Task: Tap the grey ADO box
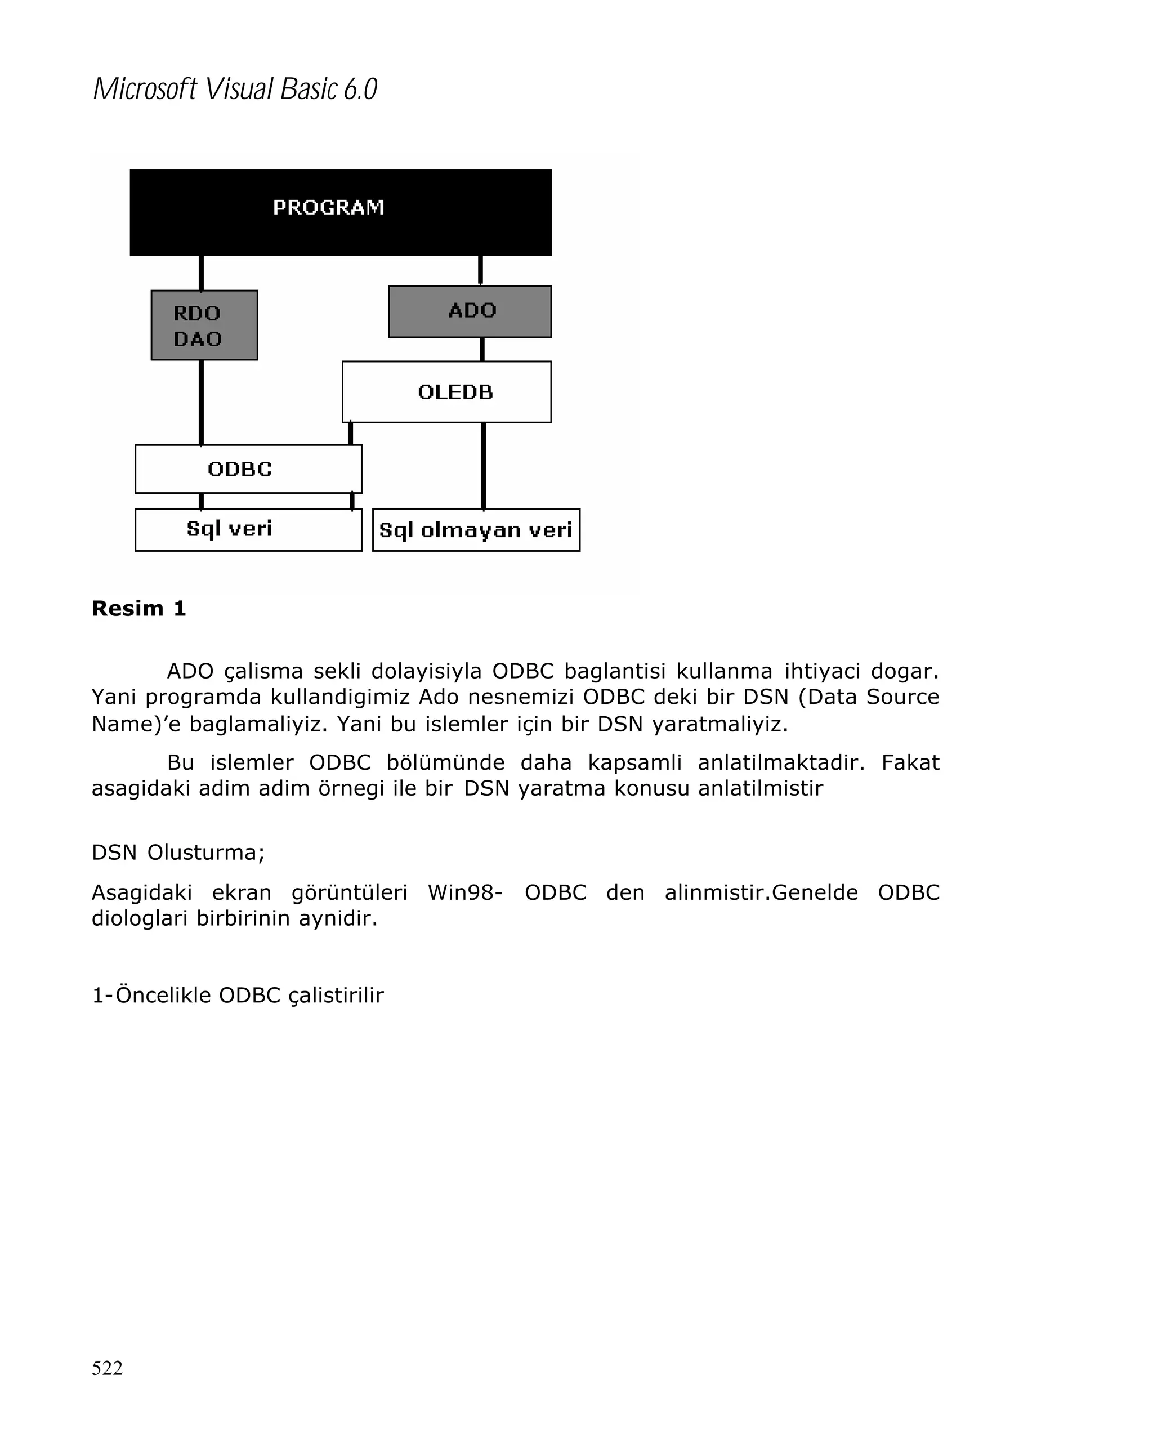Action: (x=470, y=311)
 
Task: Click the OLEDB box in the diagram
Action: (x=446, y=391)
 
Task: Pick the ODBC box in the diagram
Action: (x=248, y=468)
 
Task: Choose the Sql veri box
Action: (x=248, y=529)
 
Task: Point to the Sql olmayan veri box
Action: (x=476, y=530)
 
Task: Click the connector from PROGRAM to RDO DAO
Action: (x=201, y=273)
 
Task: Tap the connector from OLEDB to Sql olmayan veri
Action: (x=483, y=465)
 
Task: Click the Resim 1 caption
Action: (x=138, y=608)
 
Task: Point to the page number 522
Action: (x=108, y=1367)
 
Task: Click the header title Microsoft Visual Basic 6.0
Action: (x=235, y=89)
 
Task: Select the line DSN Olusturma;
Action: (x=178, y=853)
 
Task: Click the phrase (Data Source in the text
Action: (x=868, y=697)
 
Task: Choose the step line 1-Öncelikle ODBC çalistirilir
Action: (x=238, y=995)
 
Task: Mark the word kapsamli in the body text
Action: (x=634, y=762)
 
